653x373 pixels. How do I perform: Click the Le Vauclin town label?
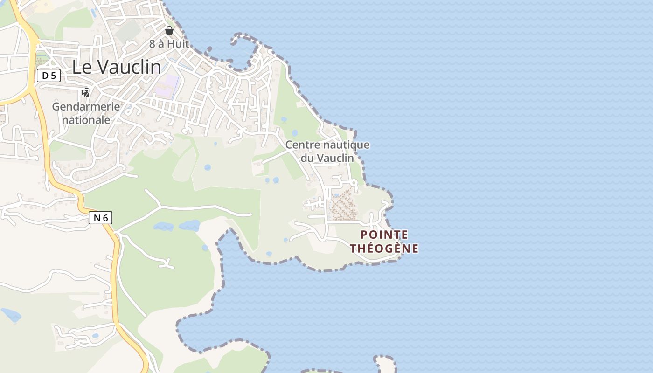pos(117,67)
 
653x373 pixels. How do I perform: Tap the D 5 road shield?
pos(49,76)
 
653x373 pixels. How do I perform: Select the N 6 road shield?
pos(100,218)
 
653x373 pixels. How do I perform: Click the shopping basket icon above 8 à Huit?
pos(169,30)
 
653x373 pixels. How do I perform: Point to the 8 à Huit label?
pos(169,44)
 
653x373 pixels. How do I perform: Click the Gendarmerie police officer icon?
pos(85,92)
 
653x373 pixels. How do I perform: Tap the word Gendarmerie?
pos(86,107)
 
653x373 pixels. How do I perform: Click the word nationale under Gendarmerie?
pos(86,120)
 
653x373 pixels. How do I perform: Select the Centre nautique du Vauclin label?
pos(327,151)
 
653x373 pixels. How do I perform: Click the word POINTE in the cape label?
pos(384,235)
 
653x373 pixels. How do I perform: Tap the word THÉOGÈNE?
pos(384,248)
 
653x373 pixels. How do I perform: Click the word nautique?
pos(346,145)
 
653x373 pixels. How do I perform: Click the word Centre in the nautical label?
pos(302,145)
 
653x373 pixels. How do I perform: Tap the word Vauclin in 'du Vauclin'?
pos(335,158)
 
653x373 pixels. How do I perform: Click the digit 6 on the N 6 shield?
pos(106,218)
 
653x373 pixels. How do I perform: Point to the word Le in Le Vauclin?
pos(82,67)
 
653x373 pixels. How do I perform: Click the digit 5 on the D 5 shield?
pos(54,76)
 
